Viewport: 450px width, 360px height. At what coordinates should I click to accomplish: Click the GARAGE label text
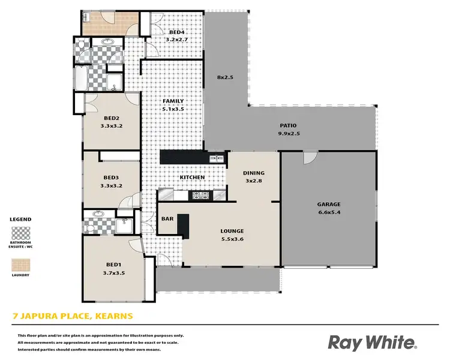(329, 204)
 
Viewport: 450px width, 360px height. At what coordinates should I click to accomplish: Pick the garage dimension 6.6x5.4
(329, 212)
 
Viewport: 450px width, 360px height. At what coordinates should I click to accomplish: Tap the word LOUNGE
(232, 230)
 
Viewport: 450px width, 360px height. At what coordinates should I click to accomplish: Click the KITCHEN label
(193, 178)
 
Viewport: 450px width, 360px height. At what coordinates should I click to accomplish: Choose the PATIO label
(288, 125)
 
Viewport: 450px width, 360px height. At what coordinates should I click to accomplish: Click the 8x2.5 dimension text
(226, 77)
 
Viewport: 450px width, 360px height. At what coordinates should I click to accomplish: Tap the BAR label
(167, 219)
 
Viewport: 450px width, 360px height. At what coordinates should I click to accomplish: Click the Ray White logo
(371, 342)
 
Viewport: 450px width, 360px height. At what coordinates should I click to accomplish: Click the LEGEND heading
(21, 220)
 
